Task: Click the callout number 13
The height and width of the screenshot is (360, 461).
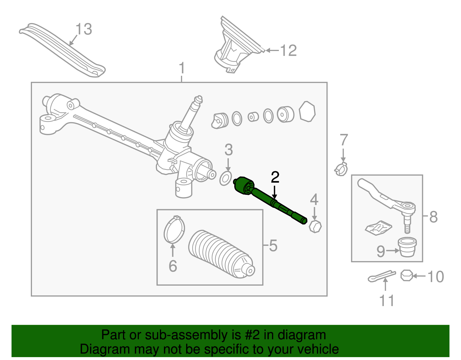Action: click(84, 29)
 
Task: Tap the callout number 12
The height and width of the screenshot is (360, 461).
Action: click(288, 51)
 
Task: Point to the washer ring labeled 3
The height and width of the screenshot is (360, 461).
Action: click(226, 179)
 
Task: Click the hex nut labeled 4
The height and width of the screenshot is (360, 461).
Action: click(315, 226)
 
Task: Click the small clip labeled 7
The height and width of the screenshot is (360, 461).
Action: click(341, 169)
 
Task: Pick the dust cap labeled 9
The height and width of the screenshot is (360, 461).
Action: click(407, 247)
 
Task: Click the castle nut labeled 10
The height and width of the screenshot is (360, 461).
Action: click(406, 276)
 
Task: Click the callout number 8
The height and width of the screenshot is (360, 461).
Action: click(433, 217)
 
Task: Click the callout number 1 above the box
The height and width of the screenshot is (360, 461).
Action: click(182, 68)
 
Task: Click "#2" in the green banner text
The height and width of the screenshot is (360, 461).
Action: click(253, 335)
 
